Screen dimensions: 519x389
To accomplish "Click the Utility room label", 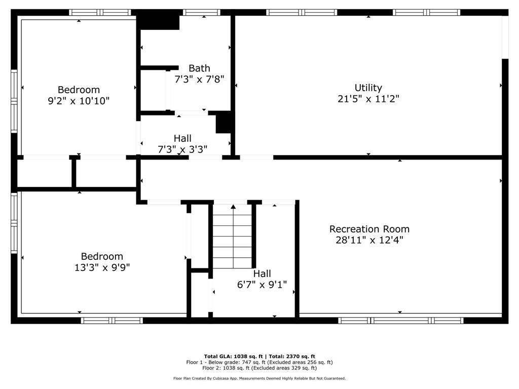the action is [368, 88].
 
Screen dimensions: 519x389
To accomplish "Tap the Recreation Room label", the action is [369, 229].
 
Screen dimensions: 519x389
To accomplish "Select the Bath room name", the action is [199, 68].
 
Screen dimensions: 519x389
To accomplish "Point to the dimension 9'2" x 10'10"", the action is [79, 101].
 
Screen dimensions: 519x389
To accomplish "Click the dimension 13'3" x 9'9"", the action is [102, 267].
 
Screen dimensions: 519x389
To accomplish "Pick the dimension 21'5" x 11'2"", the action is [368, 99].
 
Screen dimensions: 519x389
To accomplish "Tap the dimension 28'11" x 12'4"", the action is [369, 240].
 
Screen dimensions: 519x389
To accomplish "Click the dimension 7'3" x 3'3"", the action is [182, 149].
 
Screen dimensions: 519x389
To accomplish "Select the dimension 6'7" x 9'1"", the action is [262, 285].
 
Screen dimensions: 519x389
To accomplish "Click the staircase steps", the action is [232, 236].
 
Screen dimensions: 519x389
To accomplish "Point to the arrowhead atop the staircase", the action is [233, 207].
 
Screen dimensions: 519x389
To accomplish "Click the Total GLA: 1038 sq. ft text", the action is [233, 356].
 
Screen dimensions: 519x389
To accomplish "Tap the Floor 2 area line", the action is [259, 368].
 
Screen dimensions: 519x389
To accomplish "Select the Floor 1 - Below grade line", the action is [259, 362].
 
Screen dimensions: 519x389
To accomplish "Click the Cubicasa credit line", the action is [259, 378].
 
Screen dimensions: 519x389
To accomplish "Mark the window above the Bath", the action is [202, 13].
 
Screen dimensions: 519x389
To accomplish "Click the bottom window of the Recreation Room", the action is [401, 320].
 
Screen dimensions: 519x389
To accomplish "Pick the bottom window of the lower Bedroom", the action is [112, 320].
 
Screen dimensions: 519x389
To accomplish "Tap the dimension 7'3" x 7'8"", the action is [199, 79].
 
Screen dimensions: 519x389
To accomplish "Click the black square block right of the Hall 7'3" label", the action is [224, 123].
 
